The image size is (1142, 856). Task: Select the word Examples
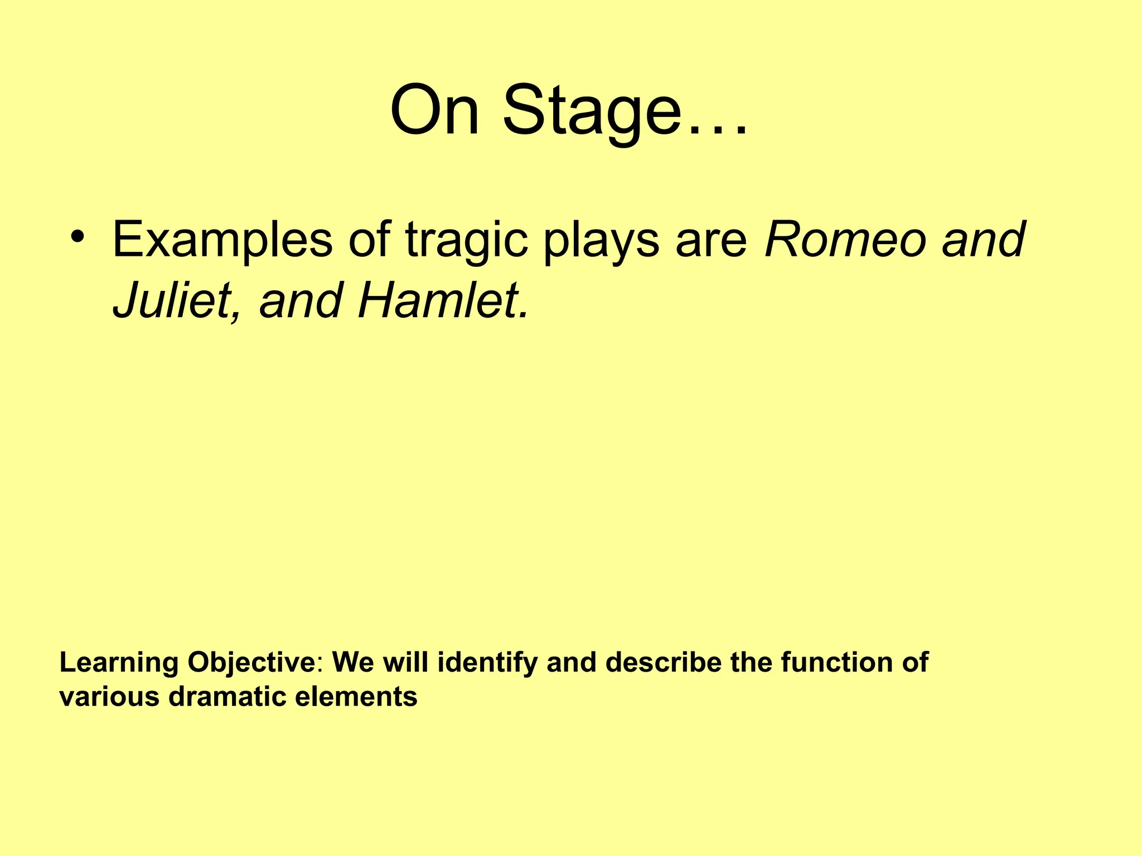pos(222,241)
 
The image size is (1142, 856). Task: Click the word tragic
pos(466,241)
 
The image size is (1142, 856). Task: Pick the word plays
pos(602,241)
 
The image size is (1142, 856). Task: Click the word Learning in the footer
pos(119,663)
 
